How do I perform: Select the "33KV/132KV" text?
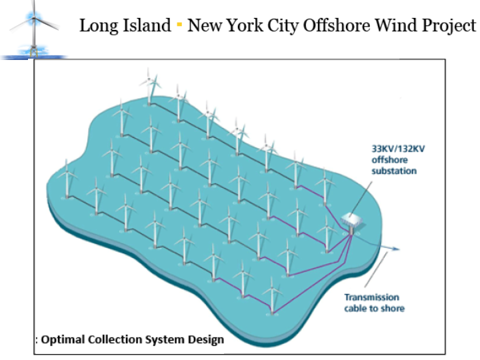[x=397, y=149]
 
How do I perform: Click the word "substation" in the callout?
[x=394, y=171]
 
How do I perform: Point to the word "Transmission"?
[x=371, y=297]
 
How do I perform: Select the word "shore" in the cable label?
[x=393, y=308]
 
